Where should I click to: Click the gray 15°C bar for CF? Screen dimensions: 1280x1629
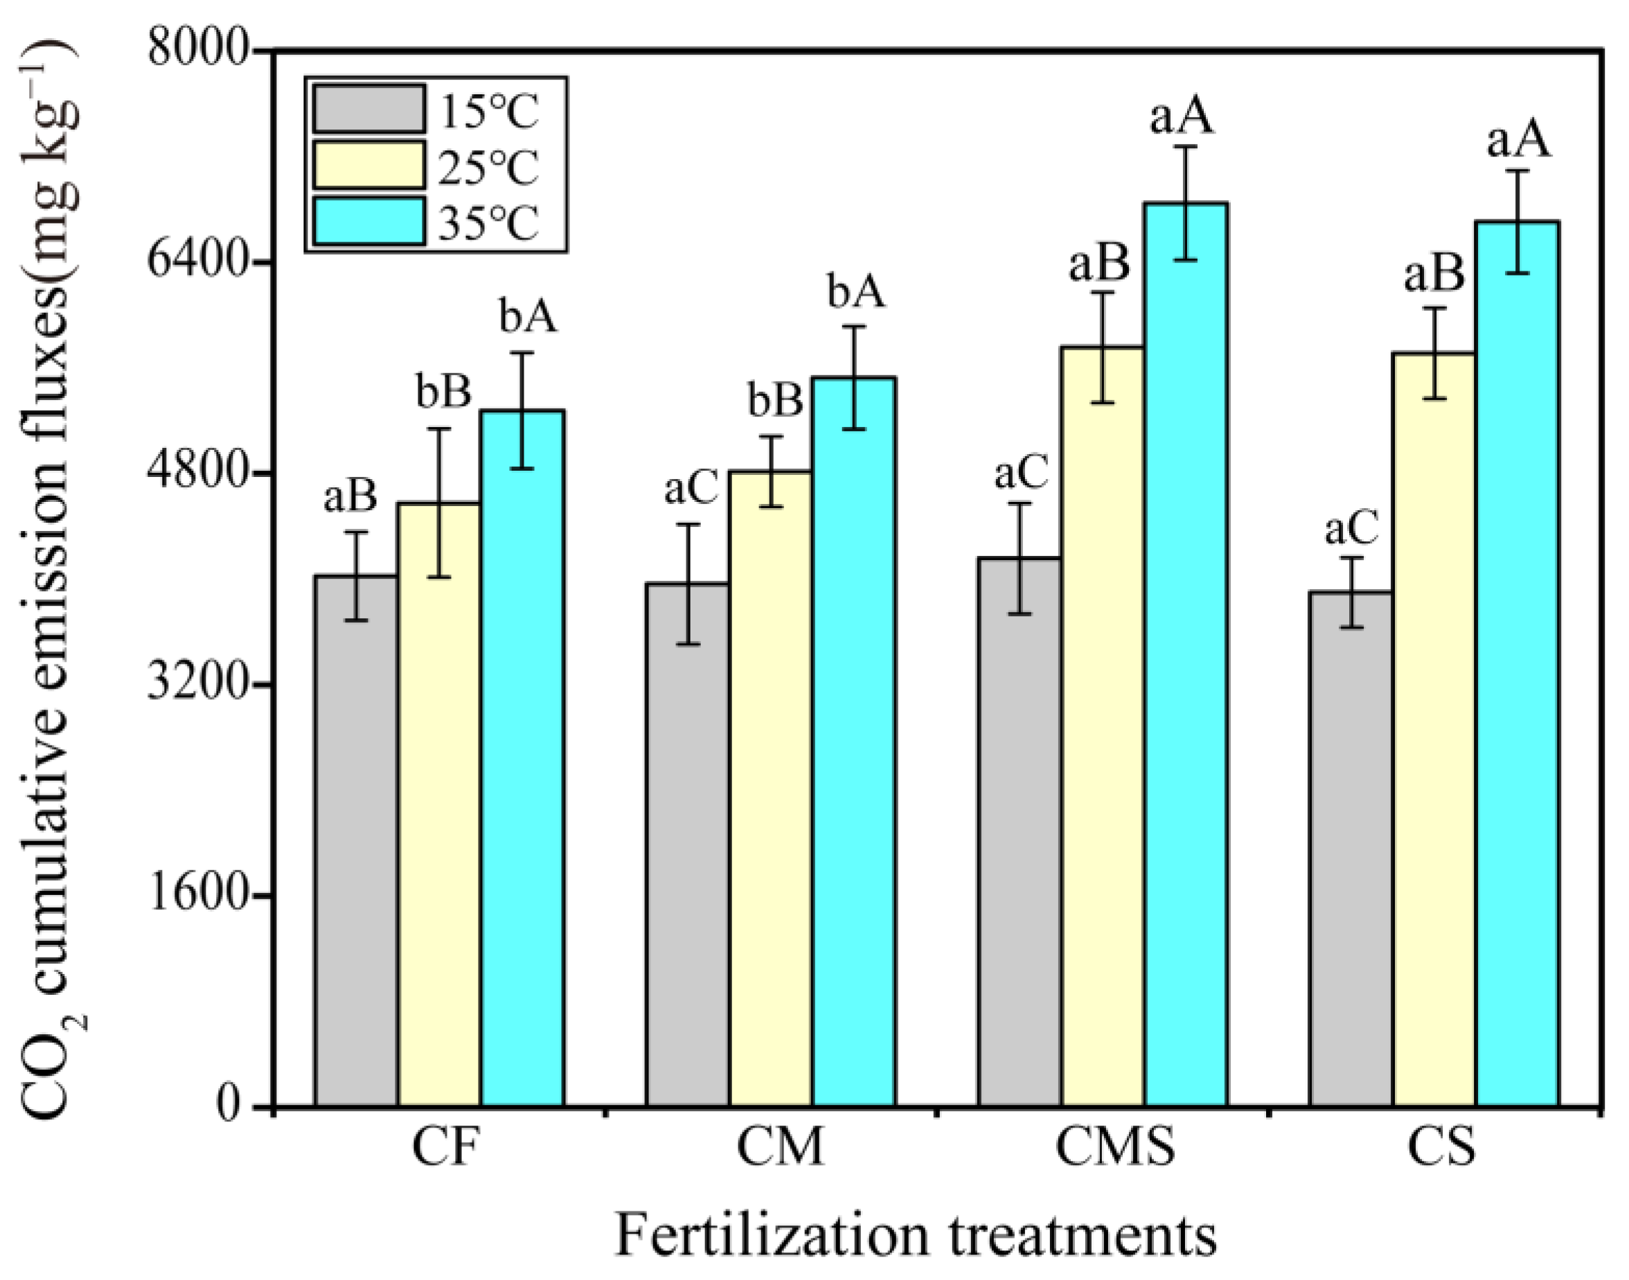[x=356, y=839]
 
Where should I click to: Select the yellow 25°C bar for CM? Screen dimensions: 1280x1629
[x=771, y=787]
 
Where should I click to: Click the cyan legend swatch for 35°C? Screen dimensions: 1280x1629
[x=369, y=221]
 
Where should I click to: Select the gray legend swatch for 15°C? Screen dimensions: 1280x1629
[x=369, y=109]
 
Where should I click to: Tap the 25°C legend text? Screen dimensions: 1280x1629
[x=488, y=167]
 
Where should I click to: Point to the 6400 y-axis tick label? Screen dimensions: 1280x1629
[x=197, y=262]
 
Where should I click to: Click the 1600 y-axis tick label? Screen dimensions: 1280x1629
[x=197, y=896]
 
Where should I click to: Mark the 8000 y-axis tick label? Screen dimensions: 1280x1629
[x=197, y=51]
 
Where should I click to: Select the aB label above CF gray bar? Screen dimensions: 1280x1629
[x=350, y=497]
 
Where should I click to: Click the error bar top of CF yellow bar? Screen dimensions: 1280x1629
[x=439, y=429]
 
